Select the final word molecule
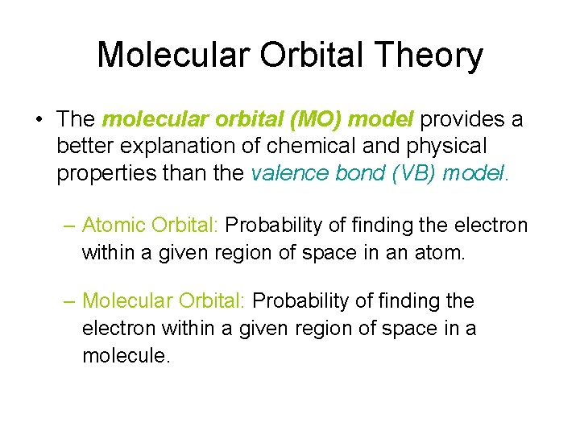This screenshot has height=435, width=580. pos(126,355)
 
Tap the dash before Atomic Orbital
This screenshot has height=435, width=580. pos(70,226)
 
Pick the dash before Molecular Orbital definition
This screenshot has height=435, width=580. pos(70,301)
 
